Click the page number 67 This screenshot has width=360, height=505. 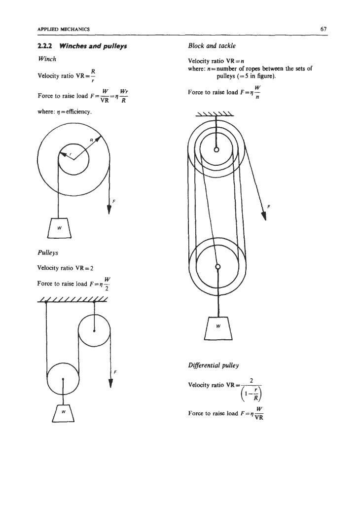(x=324, y=29)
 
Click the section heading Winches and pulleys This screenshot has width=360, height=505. (x=93, y=46)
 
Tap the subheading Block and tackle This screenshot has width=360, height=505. (x=212, y=46)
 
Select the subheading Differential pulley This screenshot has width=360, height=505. (x=214, y=365)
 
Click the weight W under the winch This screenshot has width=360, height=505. (x=59, y=228)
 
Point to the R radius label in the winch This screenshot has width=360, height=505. (x=91, y=140)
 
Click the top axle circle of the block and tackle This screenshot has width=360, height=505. (x=216, y=149)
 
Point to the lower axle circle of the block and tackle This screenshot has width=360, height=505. (x=217, y=266)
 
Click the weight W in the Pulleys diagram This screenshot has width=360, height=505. (x=63, y=413)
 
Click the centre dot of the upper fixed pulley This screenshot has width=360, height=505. (x=94, y=331)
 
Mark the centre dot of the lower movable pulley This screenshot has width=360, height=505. (x=63, y=379)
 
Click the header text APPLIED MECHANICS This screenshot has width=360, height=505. (x=64, y=29)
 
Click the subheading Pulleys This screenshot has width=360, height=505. (x=48, y=253)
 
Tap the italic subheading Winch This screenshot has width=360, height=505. (x=47, y=59)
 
